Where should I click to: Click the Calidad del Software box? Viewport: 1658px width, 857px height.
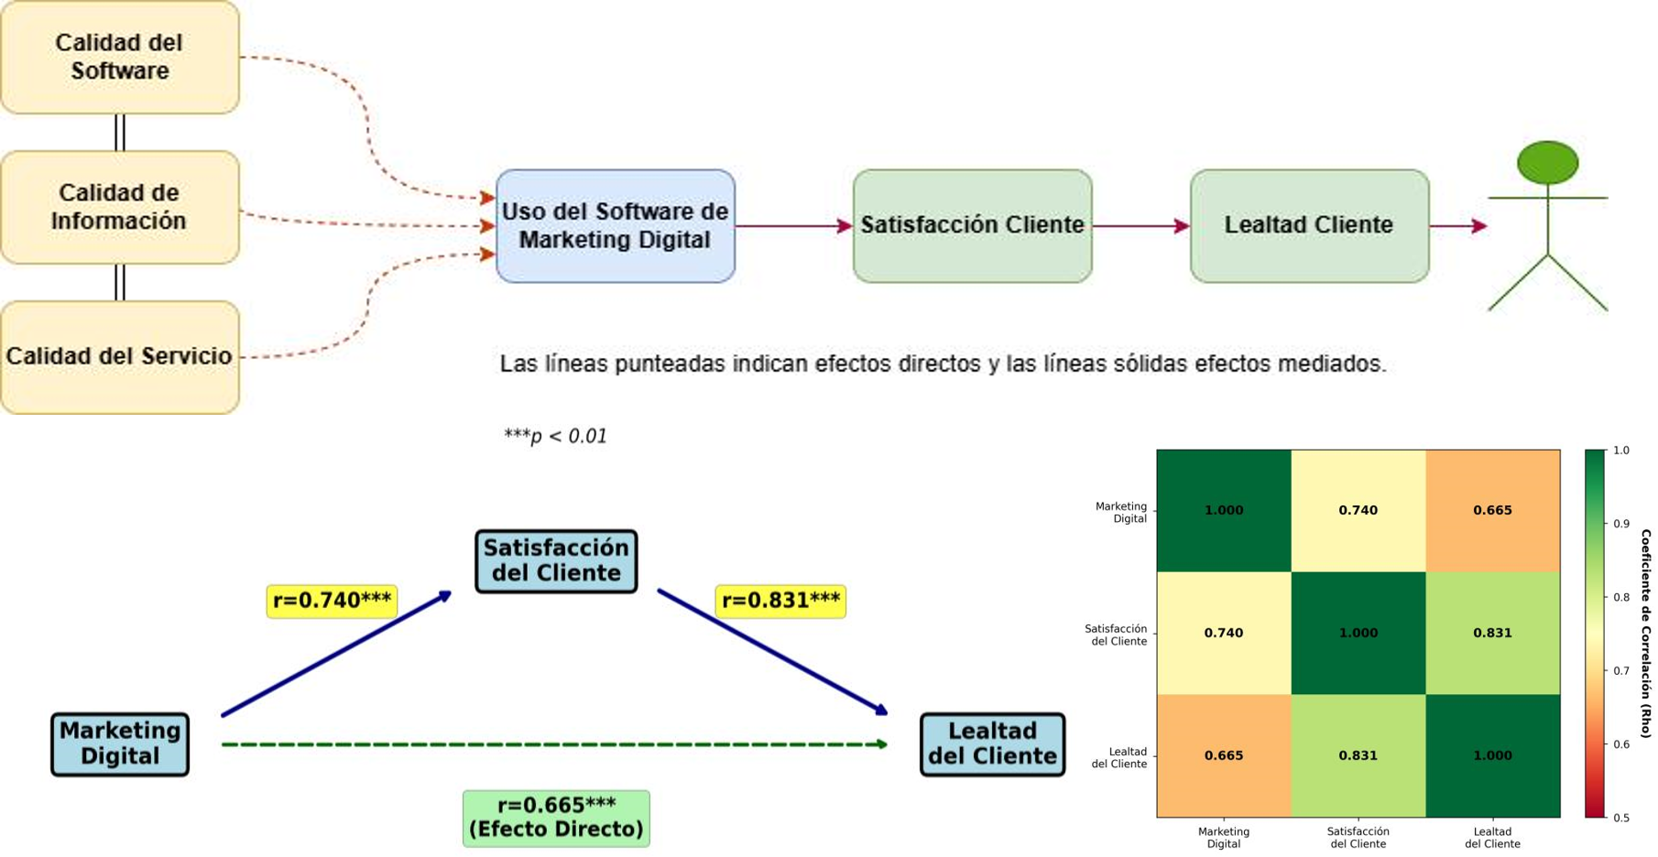[x=120, y=57]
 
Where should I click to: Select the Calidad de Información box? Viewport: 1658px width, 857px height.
[x=120, y=207]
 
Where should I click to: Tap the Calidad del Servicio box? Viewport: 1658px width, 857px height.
[x=120, y=356]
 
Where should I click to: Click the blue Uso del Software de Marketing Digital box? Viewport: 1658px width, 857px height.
[x=615, y=225]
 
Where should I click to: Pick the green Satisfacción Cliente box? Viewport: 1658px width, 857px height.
[x=972, y=225]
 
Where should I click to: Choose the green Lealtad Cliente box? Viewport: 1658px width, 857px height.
[x=1309, y=225]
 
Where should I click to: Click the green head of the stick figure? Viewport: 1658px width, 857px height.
[x=1547, y=163]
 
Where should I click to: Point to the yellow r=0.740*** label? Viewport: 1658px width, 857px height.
[x=332, y=601]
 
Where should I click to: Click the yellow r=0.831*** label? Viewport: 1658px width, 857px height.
[x=780, y=601]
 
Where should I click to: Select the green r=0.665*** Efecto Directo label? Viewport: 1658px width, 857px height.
[x=556, y=818]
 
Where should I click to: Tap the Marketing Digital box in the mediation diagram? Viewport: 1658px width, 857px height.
[x=120, y=743]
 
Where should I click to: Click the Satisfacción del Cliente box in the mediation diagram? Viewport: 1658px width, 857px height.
[x=556, y=560]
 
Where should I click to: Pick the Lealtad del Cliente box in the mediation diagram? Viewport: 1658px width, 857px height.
[x=992, y=743]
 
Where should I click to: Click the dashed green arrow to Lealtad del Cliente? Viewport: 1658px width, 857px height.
[x=554, y=744]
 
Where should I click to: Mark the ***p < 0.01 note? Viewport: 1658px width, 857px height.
[x=555, y=436]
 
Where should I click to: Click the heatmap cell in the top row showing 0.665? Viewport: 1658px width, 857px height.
[x=1492, y=510]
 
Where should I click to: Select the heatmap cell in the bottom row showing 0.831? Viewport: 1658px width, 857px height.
[x=1358, y=755]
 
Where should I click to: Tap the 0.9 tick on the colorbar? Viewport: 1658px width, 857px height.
[x=1620, y=524]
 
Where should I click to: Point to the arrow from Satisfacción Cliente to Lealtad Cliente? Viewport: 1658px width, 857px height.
[x=1140, y=225]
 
